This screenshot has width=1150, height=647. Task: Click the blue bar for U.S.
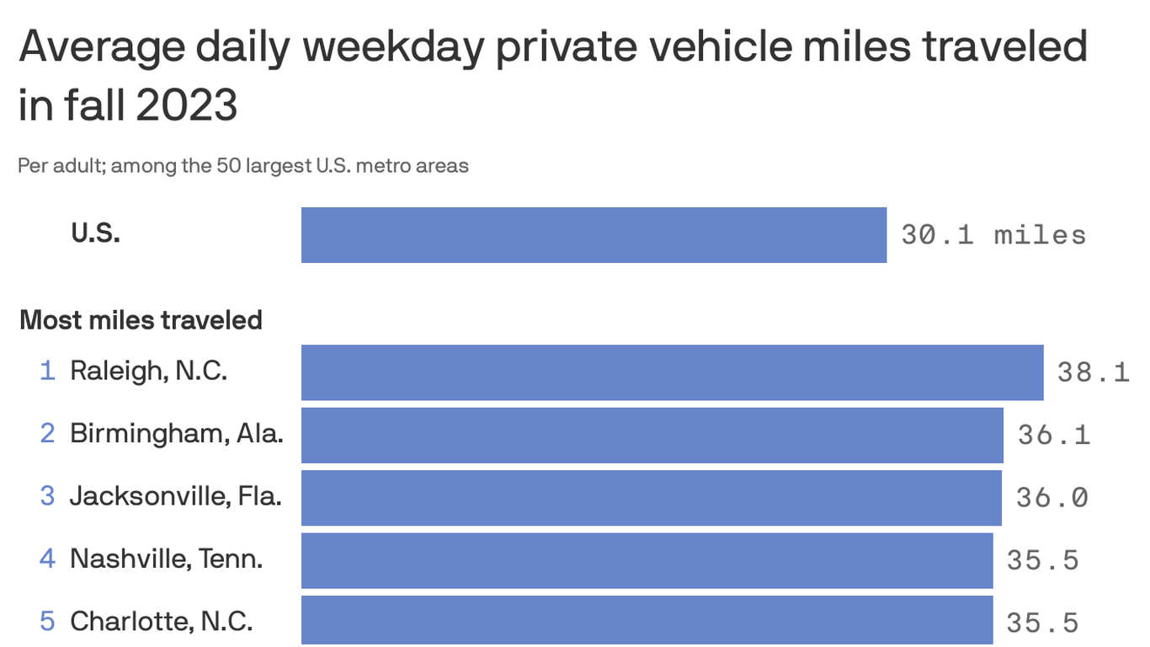(x=594, y=235)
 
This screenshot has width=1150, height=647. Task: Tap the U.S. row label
(x=95, y=233)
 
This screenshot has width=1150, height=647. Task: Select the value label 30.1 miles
(x=993, y=234)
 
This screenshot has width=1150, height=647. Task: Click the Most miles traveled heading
(x=141, y=320)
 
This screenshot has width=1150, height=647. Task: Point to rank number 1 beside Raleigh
(x=48, y=371)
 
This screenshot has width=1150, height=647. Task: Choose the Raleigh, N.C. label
(x=148, y=371)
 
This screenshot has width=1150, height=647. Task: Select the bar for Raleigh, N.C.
(x=672, y=372)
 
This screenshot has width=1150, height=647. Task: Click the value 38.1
(x=1093, y=372)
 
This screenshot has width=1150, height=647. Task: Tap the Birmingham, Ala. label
(x=176, y=433)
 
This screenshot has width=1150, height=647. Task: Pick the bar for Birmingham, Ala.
(x=652, y=435)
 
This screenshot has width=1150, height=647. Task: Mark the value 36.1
(x=1053, y=435)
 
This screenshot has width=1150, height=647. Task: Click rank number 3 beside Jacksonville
(x=48, y=495)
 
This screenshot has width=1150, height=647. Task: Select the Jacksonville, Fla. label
(x=175, y=495)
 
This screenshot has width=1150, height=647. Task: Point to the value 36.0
(x=1052, y=497)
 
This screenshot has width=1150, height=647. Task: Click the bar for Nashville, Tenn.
(x=647, y=560)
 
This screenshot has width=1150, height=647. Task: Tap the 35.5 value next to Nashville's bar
(x=1042, y=559)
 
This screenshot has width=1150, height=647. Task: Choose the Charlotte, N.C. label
(x=161, y=621)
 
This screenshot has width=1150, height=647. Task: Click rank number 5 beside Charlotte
(x=48, y=621)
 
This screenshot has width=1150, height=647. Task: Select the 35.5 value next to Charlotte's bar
(x=1042, y=623)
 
